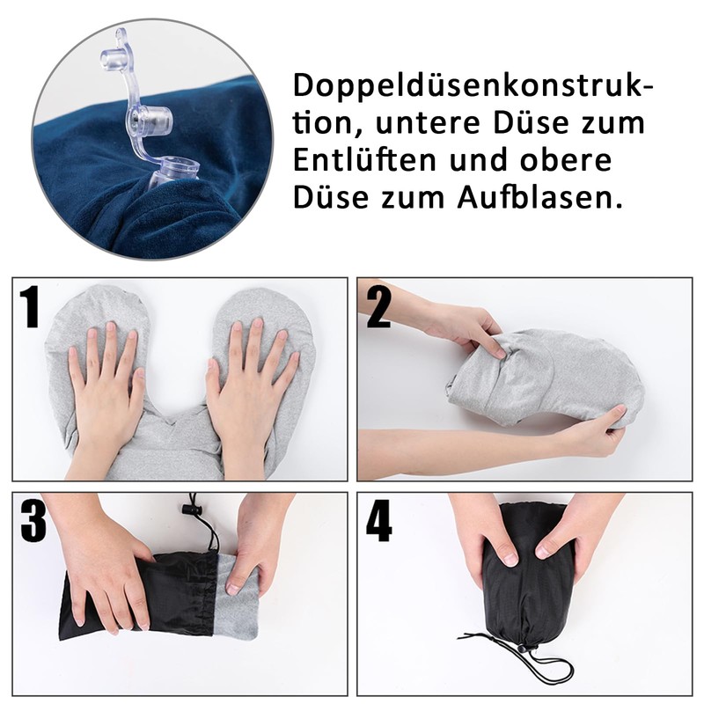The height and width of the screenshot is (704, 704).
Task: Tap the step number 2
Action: pos(378,306)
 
